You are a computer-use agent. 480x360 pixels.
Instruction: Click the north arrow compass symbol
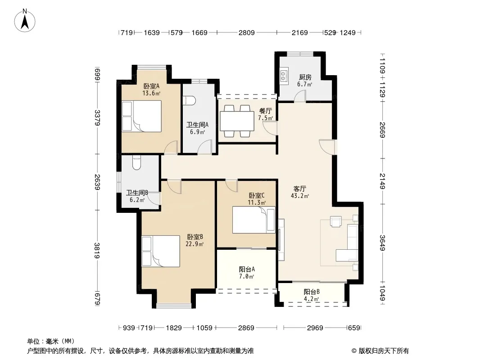coord(24,20)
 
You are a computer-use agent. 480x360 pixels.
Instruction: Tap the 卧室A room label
coord(151,86)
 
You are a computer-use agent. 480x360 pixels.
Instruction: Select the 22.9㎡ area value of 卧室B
coord(195,244)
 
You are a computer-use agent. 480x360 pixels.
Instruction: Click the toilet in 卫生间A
coord(189,101)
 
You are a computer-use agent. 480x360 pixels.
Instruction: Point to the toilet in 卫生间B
coord(136,163)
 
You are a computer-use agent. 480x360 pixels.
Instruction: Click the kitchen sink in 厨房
coord(284,76)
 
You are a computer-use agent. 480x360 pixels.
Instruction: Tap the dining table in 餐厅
coord(237,121)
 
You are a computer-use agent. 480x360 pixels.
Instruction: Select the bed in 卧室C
coord(254,220)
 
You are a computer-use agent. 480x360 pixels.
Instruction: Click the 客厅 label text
coord(299,189)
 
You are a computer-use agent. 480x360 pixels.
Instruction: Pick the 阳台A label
coord(247,269)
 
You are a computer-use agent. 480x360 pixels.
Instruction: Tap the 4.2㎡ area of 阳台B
coord(312,299)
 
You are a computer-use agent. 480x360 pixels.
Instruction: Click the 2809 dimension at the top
coord(246,32)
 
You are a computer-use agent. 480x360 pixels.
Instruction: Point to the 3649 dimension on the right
coord(382,243)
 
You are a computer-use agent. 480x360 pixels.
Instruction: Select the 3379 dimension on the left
coord(97,117)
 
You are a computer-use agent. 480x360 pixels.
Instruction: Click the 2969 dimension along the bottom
coord(315,328)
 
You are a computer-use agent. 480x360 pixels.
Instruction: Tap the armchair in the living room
coord(335,221)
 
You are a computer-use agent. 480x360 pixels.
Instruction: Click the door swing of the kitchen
coord(300,96)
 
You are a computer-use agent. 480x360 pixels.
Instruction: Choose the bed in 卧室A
coord(141,116)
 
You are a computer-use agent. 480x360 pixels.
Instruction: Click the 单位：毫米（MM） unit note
coord(51,341)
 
